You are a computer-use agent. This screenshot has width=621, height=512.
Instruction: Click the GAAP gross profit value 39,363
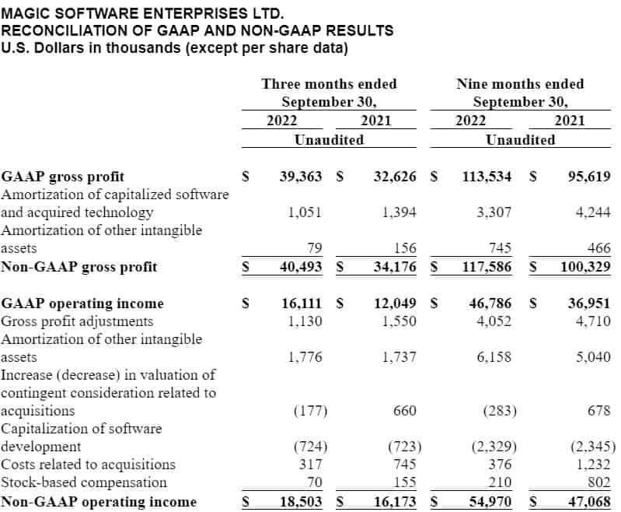click(x=300, y=177)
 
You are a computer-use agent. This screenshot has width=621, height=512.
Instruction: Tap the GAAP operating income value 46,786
click(x=487, y=303)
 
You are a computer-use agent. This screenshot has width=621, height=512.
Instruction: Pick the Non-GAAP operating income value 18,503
click(x=300, y=502)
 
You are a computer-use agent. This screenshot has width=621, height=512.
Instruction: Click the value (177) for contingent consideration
click(x=310, y=410)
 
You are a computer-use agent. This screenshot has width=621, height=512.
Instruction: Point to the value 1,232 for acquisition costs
click(x=592, y=465)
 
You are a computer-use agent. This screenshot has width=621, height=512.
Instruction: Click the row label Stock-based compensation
click(x=78, y=482)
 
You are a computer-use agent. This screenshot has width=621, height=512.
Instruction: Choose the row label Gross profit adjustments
click(x=77, y=321)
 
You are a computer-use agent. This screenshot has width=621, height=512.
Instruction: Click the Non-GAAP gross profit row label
click(x=79, y=267)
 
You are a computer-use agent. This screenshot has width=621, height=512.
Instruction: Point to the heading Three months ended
click(x=329, y=84)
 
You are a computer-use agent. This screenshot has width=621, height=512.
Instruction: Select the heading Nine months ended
click(x=520, y=84)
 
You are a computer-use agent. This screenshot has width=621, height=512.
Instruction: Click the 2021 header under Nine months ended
click(x=570, y=121)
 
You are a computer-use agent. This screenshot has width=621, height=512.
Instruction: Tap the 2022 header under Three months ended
click(x=281, y=121)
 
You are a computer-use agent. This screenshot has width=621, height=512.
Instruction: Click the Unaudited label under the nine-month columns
click(x=520, y=140)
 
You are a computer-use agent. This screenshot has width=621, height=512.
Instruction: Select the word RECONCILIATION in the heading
click(x=55, y=31)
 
